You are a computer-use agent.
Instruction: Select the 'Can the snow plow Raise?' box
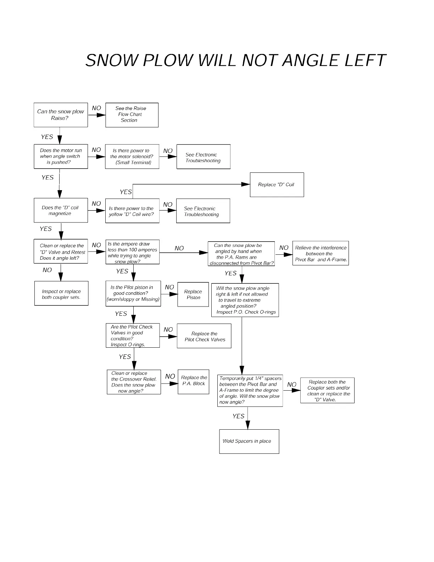(61, 115)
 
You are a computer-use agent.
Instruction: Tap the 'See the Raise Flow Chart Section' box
(132, 115)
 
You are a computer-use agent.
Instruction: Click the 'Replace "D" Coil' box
(277, 184)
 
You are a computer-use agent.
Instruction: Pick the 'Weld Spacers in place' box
(249, 441)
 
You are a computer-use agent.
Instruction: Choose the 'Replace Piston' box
(193, 294)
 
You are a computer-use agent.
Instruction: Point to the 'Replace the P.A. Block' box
(193, 381)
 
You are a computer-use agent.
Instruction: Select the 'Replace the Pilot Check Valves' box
(204, 336)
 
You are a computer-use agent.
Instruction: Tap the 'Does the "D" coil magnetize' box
(61, 210)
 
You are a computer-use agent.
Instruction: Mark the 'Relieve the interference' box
(321, 253)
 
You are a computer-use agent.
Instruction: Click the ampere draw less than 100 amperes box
(132, 252)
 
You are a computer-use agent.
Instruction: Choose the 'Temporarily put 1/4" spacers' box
(250, 390)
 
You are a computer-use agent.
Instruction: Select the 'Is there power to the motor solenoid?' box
(132, 156)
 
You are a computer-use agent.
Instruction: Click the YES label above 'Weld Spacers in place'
(238, 416)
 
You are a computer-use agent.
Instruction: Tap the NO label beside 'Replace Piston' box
(169, 287)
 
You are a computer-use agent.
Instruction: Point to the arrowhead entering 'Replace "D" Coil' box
(246, 184)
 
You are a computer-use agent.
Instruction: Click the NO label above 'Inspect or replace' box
(47, 270)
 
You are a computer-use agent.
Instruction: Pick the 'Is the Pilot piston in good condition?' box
(133, 293)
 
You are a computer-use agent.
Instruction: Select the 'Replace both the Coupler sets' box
(327, 390)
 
